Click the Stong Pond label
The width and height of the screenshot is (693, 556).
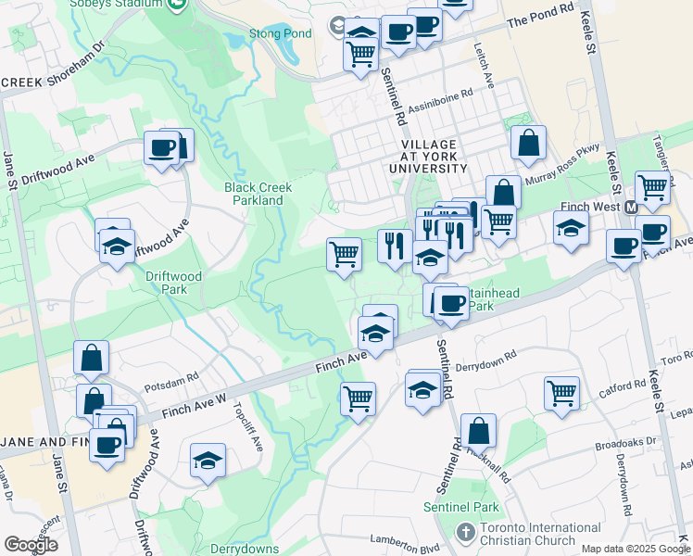(x=278, y=34)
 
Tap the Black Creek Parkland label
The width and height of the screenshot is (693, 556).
(x=258, y=194)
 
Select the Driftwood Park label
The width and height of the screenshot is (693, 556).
(x=166, y=283)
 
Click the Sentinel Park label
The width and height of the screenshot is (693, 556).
(x=461, y=507)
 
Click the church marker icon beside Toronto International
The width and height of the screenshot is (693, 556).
(x=467, y=533)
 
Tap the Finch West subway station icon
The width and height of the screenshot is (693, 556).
(x=631, y=208)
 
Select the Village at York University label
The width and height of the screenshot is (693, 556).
(x=435, y=157)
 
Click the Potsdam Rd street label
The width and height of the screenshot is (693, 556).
(x=171, y=378)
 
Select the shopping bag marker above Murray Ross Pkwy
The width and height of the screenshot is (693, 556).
(x=528, y=143)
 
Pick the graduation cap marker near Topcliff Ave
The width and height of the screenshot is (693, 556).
(x=208, y=460)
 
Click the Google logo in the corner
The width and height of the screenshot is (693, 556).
(x=31, y=545)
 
